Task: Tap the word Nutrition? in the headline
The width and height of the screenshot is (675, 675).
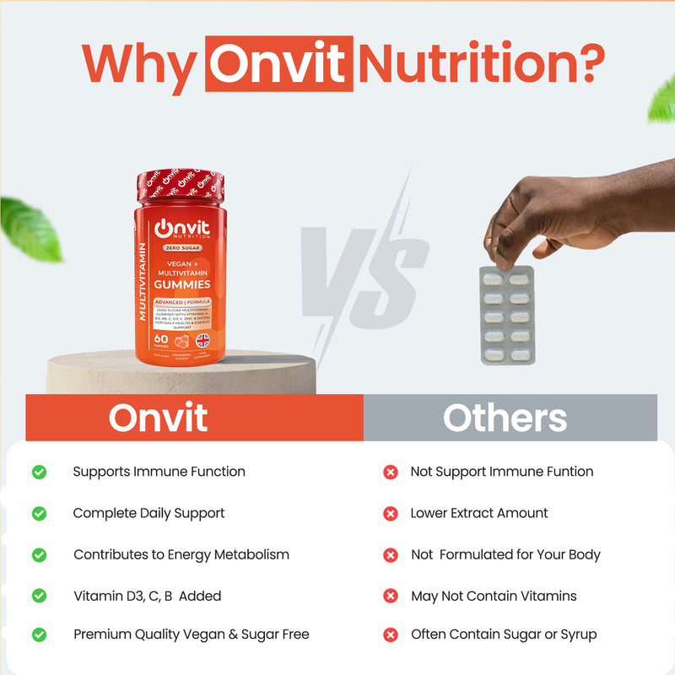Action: point(482,63)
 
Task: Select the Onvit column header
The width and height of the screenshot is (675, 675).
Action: point(158,418)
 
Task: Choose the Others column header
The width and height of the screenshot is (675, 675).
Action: point(505,418)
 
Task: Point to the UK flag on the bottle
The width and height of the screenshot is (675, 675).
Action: point(202,340)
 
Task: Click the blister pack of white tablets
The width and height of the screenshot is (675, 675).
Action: point(507,314)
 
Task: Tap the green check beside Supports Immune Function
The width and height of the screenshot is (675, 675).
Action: point(39,472)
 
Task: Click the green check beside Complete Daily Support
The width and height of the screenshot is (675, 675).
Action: point(39,513)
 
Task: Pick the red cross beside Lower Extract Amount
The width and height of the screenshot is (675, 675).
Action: point(390,513)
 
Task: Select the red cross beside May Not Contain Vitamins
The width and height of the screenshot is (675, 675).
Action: point(390,596)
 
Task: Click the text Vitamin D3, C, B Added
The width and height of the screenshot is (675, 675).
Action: point(147,596)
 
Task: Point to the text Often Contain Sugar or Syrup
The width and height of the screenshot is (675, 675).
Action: point(504,634)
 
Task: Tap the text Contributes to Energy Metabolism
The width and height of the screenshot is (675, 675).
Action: point(181,554)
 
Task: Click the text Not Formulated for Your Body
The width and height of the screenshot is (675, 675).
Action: point(505,554)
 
